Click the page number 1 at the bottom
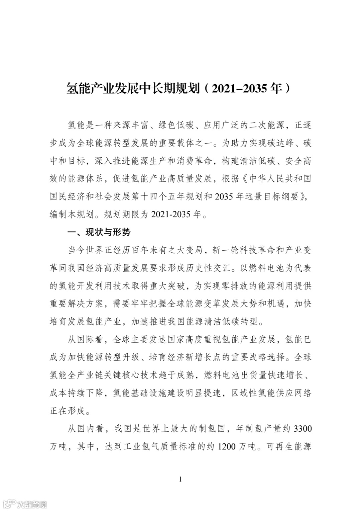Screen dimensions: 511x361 coord(180,480)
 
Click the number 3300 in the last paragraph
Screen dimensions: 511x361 coord(302,429)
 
